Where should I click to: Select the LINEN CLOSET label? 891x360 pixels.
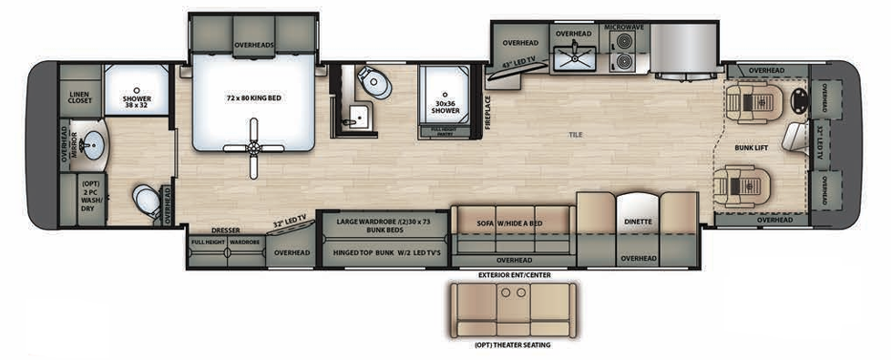pyautogui.click(x=80, y=97)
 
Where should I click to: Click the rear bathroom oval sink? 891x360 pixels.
pyautogui.click(x=92, y=144)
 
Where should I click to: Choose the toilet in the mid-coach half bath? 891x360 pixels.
pyautogui.click(x=373, y=82)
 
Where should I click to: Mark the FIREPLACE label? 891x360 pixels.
pyautogui.click(x=488, y=109)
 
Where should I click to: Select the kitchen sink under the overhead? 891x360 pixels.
pyautogui.click(x=574, y=57)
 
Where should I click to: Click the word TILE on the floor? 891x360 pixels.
pyautogui.click(x=577, y=135)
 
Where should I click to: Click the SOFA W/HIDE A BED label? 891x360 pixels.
pyautogui.click(x=509, y=221)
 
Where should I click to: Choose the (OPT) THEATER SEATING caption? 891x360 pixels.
pyautogui.click(x=512, y=345)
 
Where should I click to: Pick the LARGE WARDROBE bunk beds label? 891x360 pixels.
pyautogui.click(x=382, y=224)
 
